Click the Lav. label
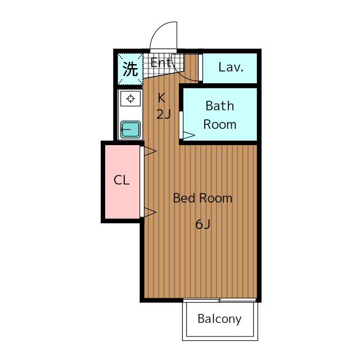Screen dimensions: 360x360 click(231, 67)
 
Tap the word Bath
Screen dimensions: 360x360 click(219, 106)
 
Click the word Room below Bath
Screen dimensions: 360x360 click(219, 124)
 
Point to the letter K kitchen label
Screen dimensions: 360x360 click(161, 96)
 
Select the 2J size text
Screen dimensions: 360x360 click(163, 114)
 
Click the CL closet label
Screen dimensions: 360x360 click(121, 181)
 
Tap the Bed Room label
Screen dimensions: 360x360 click(202, 198)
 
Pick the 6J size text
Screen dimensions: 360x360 click(202, 224)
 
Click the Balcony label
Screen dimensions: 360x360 click(219, 319)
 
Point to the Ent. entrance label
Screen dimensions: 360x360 click(161, 62)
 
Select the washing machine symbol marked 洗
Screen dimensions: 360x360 click(130, 69)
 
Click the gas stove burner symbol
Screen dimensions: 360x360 click(130, 99)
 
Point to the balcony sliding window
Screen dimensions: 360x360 click(219, 300)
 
